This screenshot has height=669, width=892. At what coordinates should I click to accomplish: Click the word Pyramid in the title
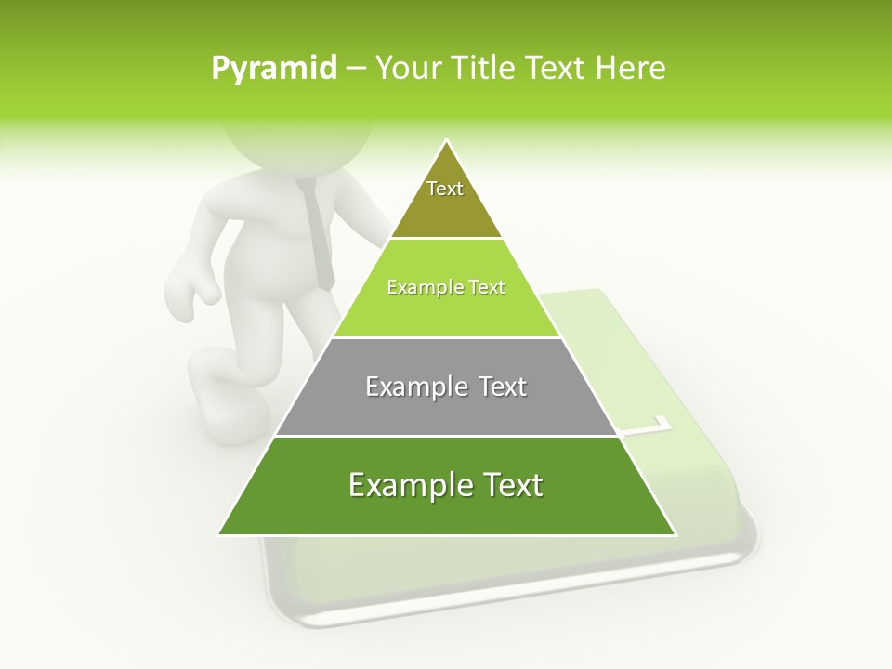[274, 69]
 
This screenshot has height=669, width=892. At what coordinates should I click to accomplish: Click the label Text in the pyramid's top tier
[445, 189]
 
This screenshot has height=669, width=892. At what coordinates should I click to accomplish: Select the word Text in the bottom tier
[510, 485]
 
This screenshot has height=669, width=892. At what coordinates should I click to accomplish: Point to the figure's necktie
[317, 232]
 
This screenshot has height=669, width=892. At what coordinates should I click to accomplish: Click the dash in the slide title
[356, 69]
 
